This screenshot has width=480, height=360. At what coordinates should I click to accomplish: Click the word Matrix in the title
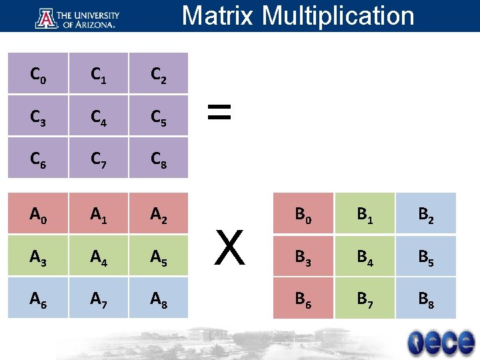[x=217, y=15]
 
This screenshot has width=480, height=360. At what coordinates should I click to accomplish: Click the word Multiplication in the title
[x=338, y=15]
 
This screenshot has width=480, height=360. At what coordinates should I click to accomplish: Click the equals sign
[x=219, y=113]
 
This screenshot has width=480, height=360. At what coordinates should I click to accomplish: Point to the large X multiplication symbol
[x=230, y=247]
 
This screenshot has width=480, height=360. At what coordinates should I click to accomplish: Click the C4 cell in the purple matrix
[x=99, y=117]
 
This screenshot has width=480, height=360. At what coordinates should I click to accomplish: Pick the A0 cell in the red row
[x=38, y=213]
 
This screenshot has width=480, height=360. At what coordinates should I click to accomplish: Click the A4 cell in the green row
[x=99, y=256]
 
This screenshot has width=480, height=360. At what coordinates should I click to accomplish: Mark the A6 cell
[x=38, y=297]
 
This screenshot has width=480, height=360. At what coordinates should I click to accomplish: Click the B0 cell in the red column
[x=303, y=213]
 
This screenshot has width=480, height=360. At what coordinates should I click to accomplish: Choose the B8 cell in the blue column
[x=426, y=297]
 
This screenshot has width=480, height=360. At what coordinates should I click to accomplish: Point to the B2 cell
[x=426, y=213]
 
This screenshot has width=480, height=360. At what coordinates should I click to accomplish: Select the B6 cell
[x=303, y=297]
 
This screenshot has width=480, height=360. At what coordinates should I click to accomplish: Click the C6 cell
[x=38, y=158]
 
